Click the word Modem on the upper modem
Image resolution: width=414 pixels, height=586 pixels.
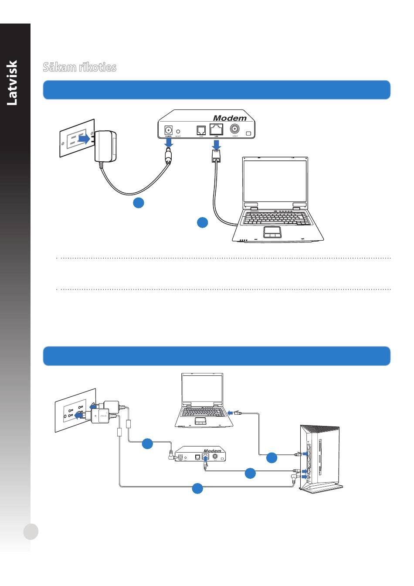(x=230, y=118)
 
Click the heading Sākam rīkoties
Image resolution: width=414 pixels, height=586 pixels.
(x=79, y=67)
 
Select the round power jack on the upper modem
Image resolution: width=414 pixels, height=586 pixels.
(x=168, y=130)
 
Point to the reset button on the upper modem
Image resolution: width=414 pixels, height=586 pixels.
(x=178, y=131)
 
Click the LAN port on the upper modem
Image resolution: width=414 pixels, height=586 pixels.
(x=217, y=129)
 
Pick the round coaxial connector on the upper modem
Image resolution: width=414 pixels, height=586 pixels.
(x=234, y=129)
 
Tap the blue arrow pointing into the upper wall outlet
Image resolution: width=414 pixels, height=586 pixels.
(x=84, y=139)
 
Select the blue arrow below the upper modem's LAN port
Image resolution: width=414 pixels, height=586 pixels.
(x=217, y=145)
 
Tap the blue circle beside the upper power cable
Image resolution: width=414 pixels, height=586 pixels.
(x=139, y=202)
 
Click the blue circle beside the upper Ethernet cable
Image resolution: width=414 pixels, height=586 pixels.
(x=202, y=222)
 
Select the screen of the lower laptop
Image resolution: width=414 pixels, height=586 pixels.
(x=202, y=389)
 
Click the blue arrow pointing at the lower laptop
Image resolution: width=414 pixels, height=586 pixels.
(x=230, y=412)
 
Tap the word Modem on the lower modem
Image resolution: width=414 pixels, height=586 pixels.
(x=212, y=451)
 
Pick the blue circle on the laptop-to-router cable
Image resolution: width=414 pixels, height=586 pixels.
(x=271, y=458)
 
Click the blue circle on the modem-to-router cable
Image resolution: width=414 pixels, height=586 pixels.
(x=250, y=473)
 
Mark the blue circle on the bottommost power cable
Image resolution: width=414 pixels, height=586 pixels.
(x=197, y=488)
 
